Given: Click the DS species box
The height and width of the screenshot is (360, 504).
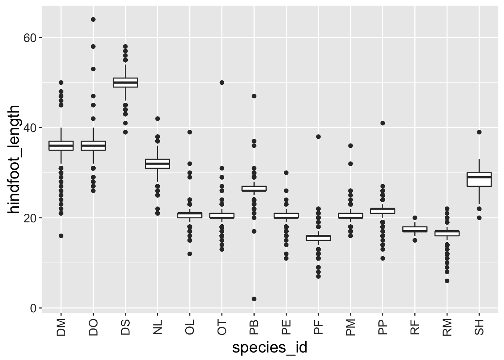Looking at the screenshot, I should (125, 82).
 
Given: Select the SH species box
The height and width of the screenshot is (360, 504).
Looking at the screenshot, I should (479, 180).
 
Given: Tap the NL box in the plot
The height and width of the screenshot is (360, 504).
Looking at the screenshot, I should (157, 163).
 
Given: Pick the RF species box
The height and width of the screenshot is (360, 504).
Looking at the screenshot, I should (415, 229).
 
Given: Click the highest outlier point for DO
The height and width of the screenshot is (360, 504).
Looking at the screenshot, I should (93, 19).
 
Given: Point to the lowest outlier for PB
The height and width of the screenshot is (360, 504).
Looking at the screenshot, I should (254, 299).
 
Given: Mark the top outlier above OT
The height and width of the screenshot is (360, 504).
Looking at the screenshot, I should (222, 82).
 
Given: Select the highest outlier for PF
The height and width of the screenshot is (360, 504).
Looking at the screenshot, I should (318, 136).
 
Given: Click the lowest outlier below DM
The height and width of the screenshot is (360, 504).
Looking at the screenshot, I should (61, 236).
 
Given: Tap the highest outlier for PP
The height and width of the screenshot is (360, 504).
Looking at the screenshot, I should (382, 123).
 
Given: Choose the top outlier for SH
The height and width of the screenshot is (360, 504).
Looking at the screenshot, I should (479, 132).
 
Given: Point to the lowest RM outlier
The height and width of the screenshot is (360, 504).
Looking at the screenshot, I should (447, 281).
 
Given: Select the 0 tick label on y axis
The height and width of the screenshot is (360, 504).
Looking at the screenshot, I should (33, 308).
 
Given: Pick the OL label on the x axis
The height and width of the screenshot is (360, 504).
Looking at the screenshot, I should (190, 327).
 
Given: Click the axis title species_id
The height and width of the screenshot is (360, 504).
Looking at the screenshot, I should (270, 348).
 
